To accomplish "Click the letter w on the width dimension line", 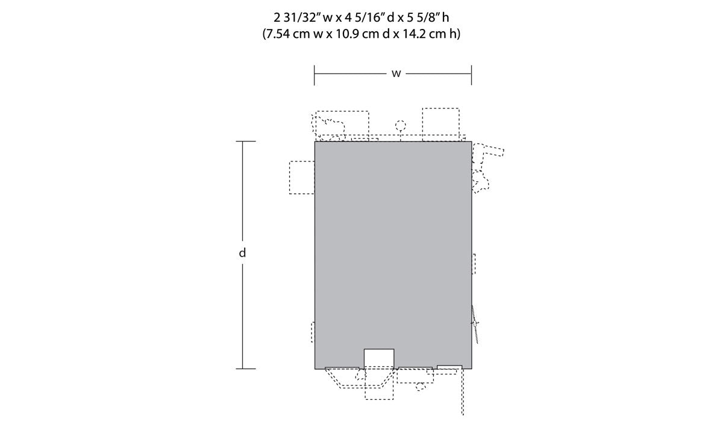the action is tap(396, 74).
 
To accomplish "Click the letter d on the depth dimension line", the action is tap(242, 253).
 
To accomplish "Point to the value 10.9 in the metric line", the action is tap(347, 34).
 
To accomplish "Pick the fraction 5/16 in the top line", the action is tap(366, 17).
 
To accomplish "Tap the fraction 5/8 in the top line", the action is tap(424, 17).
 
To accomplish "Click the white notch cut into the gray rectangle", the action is tap(379, 358).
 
